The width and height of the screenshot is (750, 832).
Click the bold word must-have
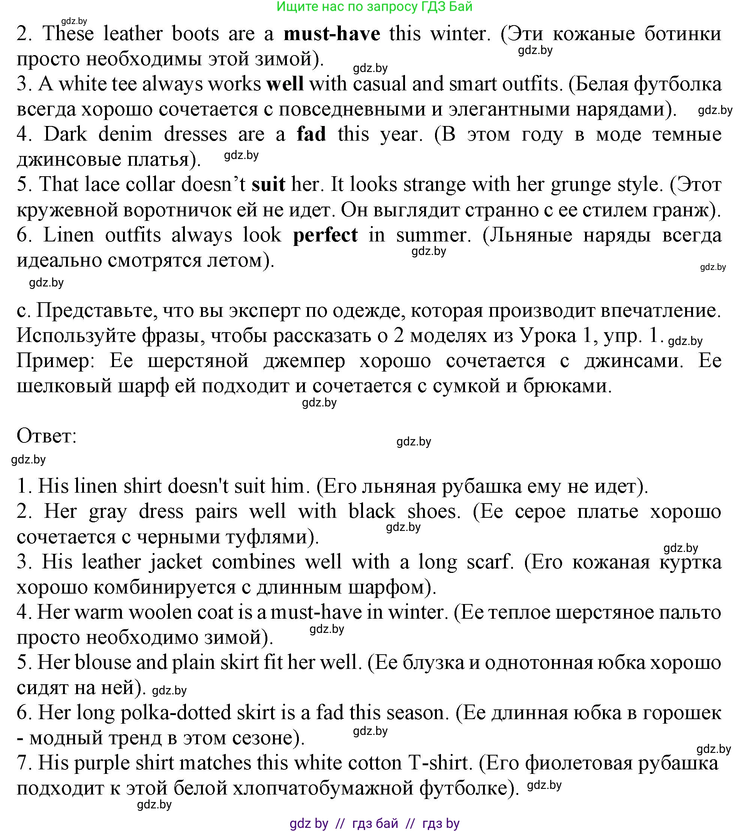(332, 33)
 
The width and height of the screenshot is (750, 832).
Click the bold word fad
(311, 134)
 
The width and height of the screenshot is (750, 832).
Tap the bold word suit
(268, 184)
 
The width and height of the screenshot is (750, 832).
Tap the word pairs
(216, 512)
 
